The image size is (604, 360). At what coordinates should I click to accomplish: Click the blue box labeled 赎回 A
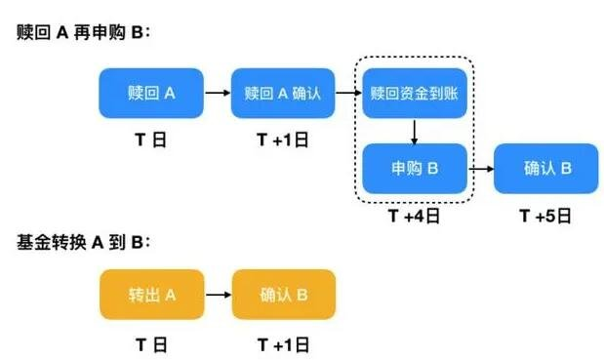click(151, 94)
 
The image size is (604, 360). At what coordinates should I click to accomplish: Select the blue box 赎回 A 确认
click(283, 94)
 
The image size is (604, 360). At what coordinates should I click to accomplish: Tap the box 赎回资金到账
click(415, 94)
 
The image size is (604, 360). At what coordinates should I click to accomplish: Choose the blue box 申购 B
click(415, 169)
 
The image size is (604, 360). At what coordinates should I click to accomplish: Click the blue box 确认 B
click(546, 169)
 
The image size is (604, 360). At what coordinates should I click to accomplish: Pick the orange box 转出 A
click(151, 295)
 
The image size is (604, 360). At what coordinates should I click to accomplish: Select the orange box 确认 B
click(283, 295)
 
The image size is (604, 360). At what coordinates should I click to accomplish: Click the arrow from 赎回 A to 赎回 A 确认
click(217, 94)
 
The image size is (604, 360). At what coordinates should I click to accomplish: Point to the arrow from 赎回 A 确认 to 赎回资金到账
click(348, 94)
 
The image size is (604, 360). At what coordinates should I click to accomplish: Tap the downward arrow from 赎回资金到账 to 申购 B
click(415, 131)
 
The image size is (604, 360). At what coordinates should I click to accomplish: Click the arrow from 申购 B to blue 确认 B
click(480, 169)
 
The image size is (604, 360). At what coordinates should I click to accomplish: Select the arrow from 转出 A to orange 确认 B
click(217, 295)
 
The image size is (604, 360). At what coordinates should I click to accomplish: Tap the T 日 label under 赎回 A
click(151, 140)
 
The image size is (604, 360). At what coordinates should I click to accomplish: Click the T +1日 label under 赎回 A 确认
click(283, 140)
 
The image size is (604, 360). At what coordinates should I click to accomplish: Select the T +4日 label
click(415, 215)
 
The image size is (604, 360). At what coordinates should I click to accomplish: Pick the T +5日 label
click(546, 215)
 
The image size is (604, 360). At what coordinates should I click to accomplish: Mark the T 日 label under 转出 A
click(151, 343)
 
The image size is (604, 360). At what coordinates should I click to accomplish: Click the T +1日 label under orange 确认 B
click(283, 343)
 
